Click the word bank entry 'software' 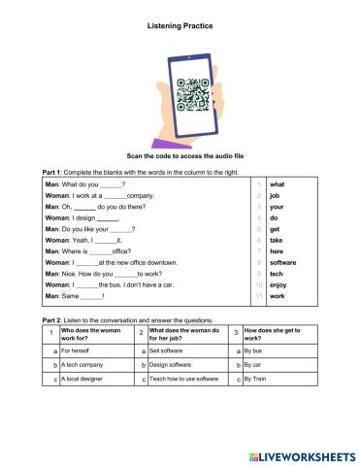pos(283,262)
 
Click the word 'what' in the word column pos(277,183)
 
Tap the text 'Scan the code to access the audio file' pos(180,154)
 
